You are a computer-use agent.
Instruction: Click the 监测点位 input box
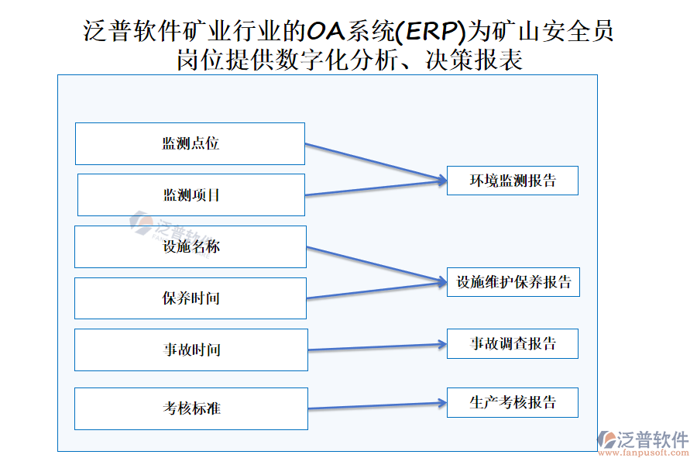pyautogui.click(x=190, y=143)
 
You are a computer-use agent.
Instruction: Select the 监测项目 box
pyautogui.click(x=191, y=195)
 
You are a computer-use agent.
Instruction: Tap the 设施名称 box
pyautogui.click(x=191, y=246)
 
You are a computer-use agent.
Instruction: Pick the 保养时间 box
pyautogui.click(x=191, y=298)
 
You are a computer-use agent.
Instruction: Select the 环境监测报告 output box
pyautogui.click(x=513, y=181)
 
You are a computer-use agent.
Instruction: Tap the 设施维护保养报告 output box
pyautogui.click(x=513, y=282)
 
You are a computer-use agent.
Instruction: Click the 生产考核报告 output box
pyautogui.click(x=513, y=402)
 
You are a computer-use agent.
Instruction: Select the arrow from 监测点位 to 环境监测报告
pyautogui.click(x=376, y=162)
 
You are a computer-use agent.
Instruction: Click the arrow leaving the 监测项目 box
pyautogui.click(x=376, y=188)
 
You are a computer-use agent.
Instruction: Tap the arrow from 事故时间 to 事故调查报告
pyautogui.click(x=377, y=346)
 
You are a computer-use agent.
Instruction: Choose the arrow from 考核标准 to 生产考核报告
pyautogui.click(x=377, y=405)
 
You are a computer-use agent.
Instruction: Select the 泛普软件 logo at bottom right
pyautogui.click(x=644, y=439)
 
